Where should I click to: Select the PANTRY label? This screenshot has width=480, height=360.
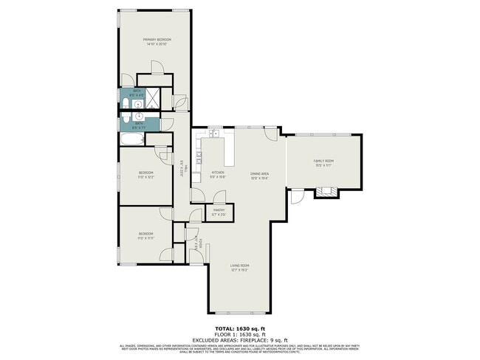click(219, 210)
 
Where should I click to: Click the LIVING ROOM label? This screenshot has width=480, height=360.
click(239, 266)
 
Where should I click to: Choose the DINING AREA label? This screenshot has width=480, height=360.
click(258, 173)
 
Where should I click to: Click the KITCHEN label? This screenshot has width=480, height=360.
click(218, 173)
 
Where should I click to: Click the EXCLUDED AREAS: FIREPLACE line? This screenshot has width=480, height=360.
click(239, 339)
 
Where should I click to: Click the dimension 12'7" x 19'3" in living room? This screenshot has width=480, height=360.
click(239, 270)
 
